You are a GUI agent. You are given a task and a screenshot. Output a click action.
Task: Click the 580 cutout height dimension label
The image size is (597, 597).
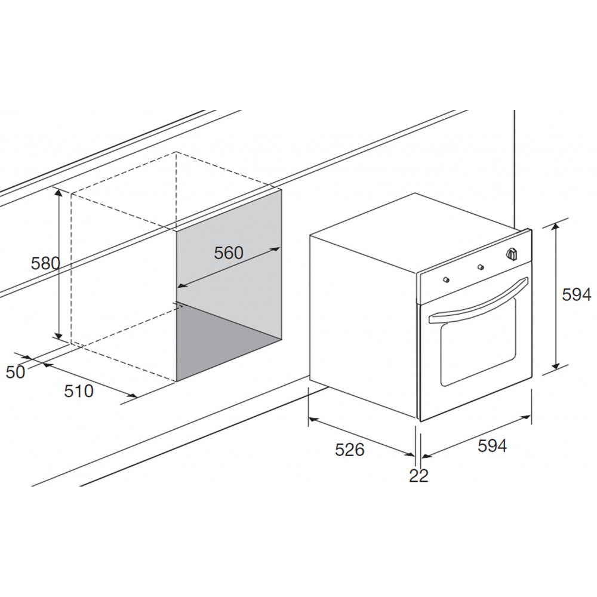click(x=46, y=263)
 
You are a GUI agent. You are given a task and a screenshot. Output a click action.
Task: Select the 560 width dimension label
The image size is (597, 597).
click(x=229, y=253)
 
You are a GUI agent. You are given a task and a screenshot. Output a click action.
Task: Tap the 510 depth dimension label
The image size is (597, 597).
click(x=79, y=391)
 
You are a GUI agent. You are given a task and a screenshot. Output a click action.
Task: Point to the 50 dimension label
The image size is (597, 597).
click(x=16, y=372)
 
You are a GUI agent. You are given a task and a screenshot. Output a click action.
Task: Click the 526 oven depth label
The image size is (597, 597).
click(x=349, y=450)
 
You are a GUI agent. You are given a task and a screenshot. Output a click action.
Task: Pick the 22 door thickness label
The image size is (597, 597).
click(x=419, y=476)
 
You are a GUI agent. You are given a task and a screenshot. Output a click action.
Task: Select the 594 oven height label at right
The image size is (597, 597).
click(x=577, y=294)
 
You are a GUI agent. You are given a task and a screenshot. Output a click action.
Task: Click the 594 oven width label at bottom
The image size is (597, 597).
click(x=493, y=446)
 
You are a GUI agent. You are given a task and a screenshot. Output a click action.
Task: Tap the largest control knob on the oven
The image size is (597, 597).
click(x=512, y=253)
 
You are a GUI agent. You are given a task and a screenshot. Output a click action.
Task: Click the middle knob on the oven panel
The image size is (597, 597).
click(x=481, y=266)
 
